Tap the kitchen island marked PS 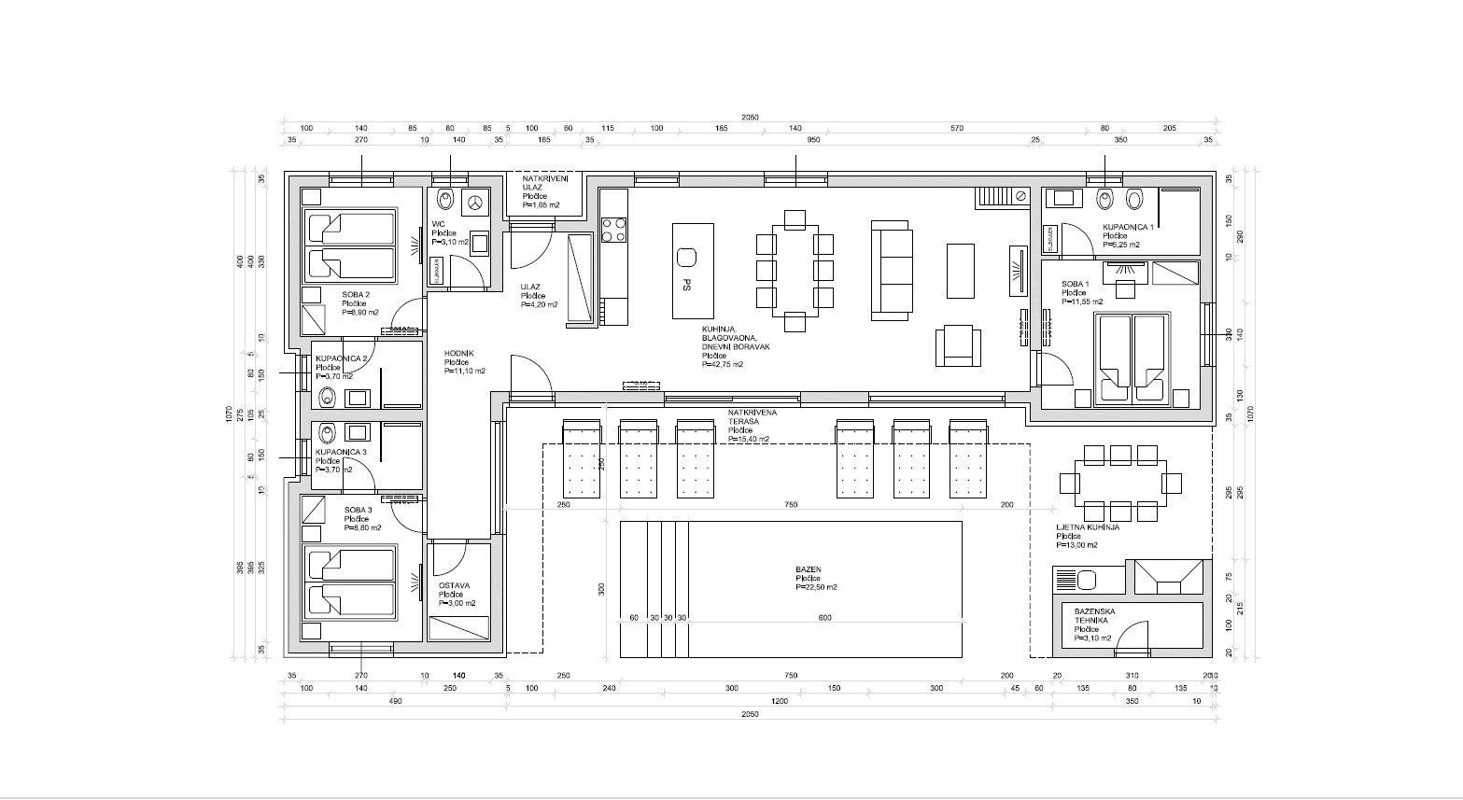coord(693,271)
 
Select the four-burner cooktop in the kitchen coord(613,230)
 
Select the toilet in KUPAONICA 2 coord(327,397)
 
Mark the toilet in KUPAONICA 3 coord(327,432)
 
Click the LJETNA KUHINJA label coord(1088,527)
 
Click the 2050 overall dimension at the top coord(750,118)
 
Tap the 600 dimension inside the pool coord(824,618)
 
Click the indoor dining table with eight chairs coord(794,271)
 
